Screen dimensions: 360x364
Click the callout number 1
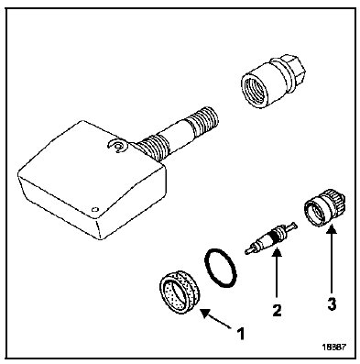[241, 334]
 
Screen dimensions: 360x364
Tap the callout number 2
[277, 310]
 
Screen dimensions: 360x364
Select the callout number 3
[332, 304]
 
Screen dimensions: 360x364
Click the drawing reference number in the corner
[334, 347]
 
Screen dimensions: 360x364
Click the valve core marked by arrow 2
[271, 237]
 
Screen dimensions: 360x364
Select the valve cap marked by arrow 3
[324, 207]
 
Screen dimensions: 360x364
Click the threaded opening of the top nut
[253, 90]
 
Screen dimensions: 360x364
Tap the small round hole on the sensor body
[95, 209]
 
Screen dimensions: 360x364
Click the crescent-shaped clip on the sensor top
[117, 147]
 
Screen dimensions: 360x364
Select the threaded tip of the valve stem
[203, 120]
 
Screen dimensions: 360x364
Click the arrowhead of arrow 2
[277, 253]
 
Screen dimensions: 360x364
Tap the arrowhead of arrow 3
[332, 229]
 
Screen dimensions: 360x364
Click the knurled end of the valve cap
[336, 200]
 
